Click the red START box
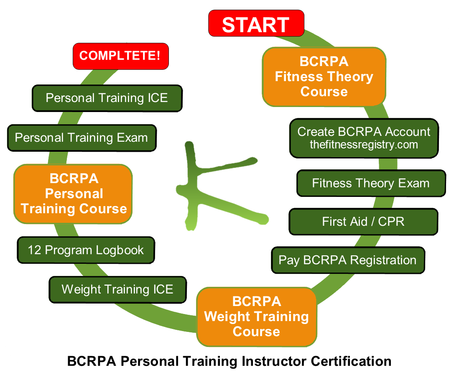tap(256, 23)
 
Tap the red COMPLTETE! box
tap(121, 56)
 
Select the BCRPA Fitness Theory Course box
tap(324, 77)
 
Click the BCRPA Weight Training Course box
tap(257, 316)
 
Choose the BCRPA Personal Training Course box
tap(73, 194)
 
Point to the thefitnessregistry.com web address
tap(364, 145)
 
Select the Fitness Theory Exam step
tap(371, 183)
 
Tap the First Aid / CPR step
tap(363, 222)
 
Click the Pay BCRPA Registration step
tap(348, 260)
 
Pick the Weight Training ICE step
tap(117, 290)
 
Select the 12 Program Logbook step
tap(86, 250)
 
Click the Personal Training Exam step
tap(82, 138)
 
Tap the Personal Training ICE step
tap(107, 98)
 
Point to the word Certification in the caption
tap(351, 361)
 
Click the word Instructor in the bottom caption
tap(274, 361)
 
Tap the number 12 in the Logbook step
tap(34, 250)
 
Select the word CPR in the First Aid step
tap(391, 222)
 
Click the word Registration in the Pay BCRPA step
tap(383, 260)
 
